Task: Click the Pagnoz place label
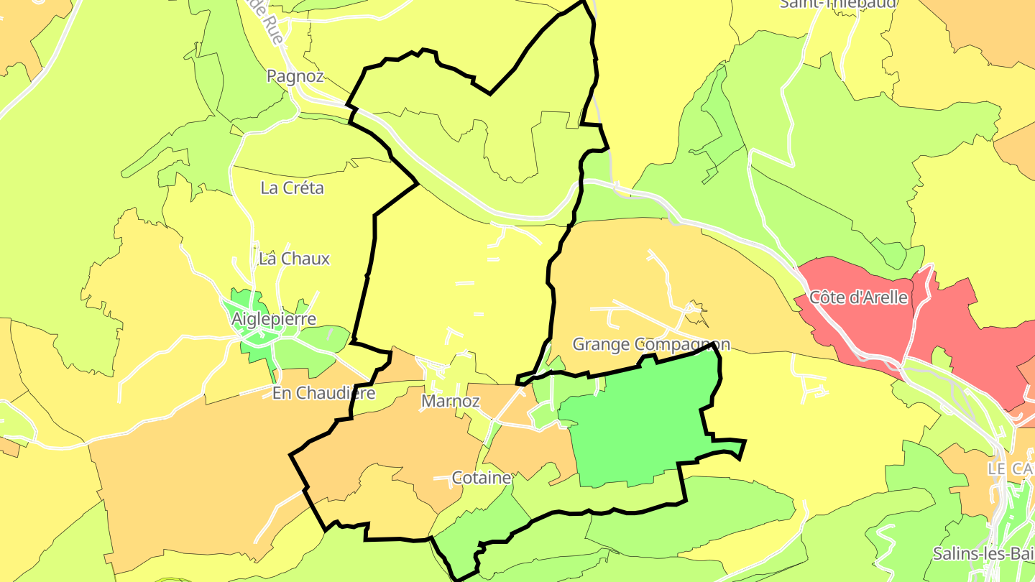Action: tap(295, 76)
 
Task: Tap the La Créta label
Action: tap(292, 188)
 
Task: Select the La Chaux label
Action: tap(294, 259)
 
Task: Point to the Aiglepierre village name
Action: tap(275, 319)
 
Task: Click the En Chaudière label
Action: tap(323, 393)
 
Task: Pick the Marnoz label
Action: tap(451, 402)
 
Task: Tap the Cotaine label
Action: tap(482, 478)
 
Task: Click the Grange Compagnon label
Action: tap(651, 345)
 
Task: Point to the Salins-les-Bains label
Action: tap(985, 554)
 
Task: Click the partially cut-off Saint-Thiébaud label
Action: tap(838, 4)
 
